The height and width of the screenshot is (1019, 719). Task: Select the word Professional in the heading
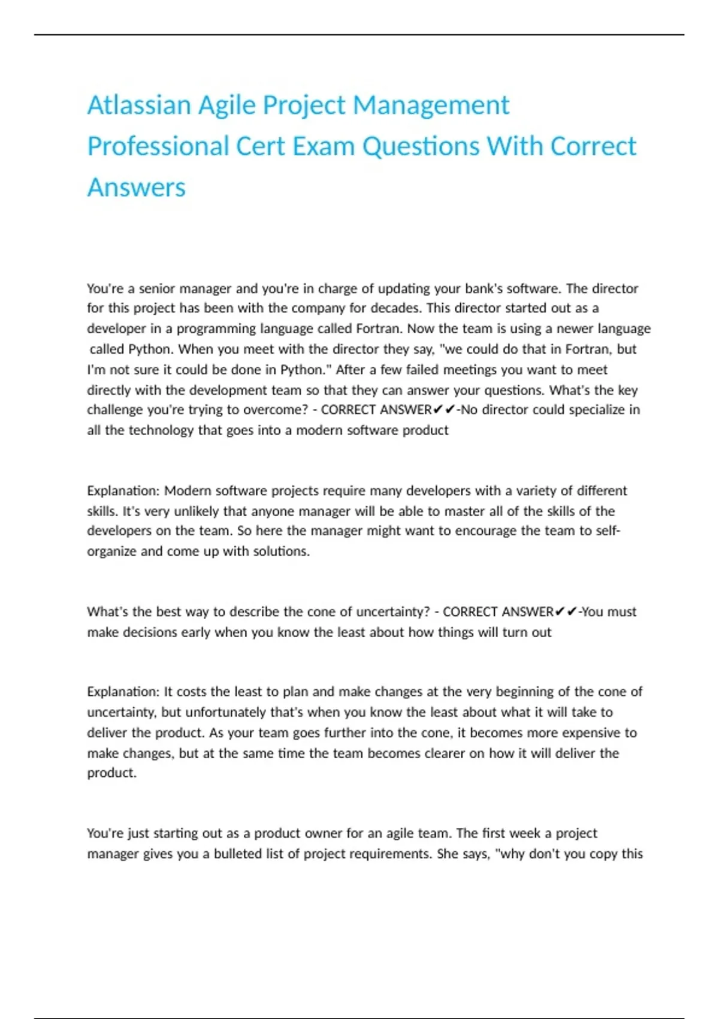tap(158, 146)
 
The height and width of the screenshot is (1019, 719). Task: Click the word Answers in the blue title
tap(137, 188)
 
